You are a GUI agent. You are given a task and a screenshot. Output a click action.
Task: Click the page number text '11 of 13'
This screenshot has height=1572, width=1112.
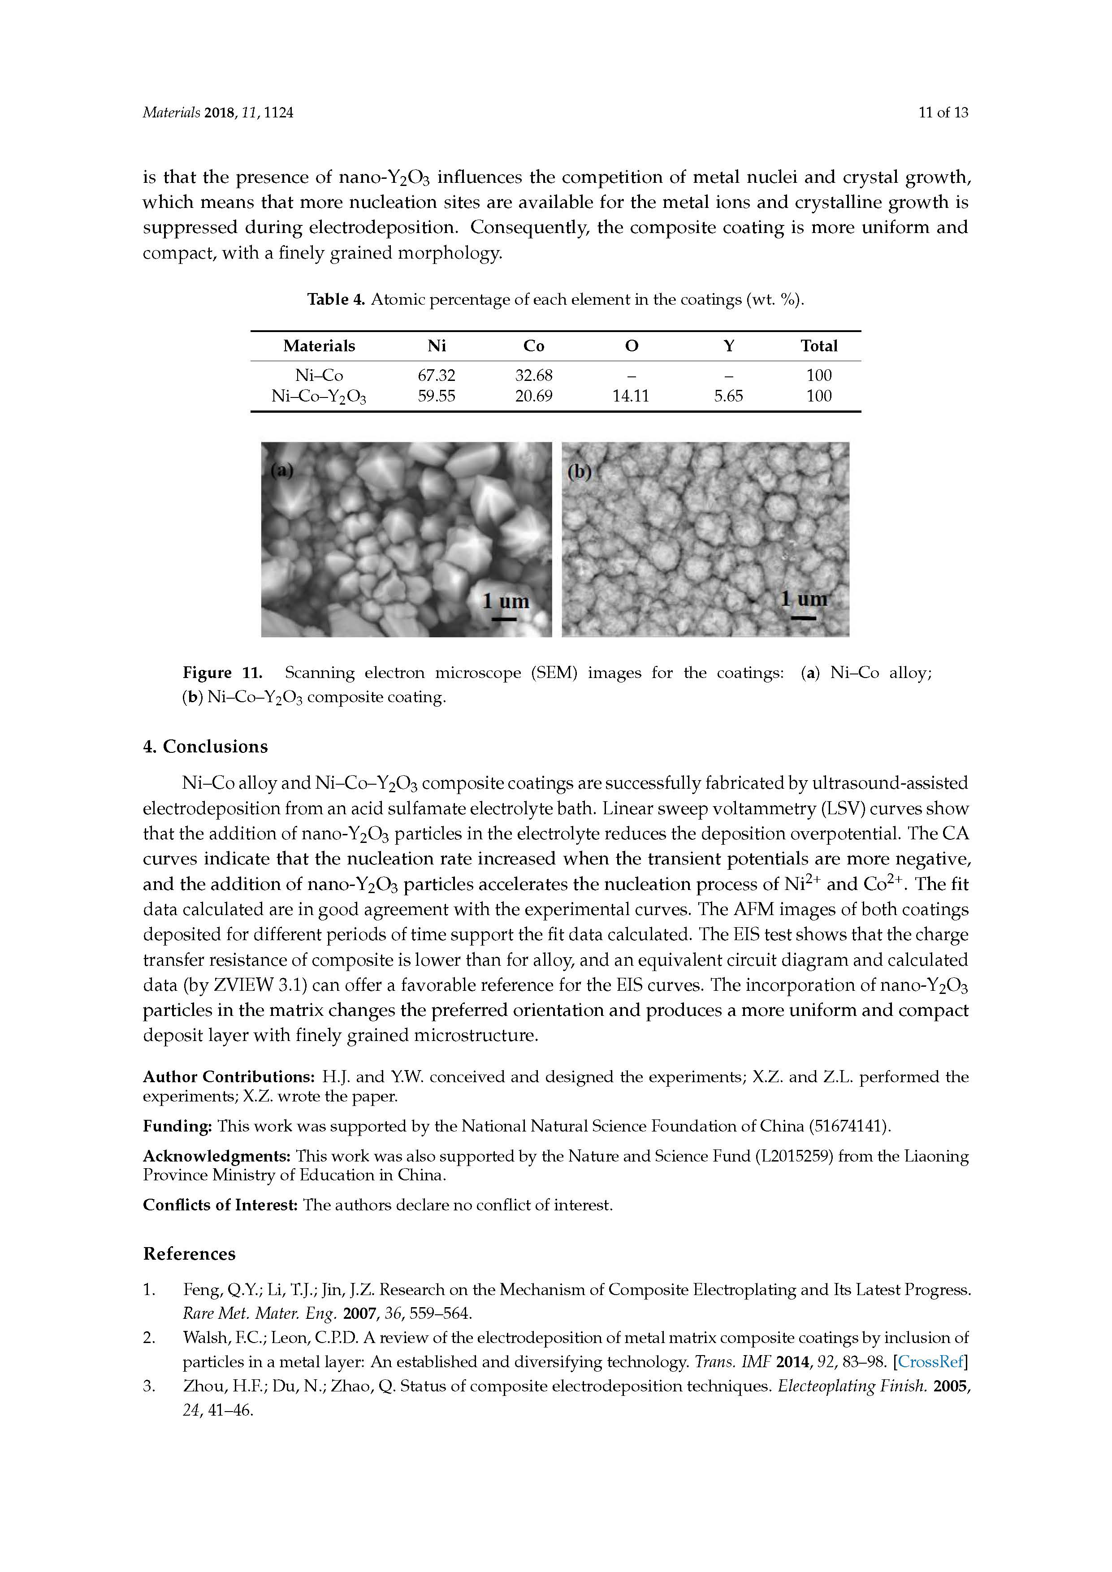pos(943,113)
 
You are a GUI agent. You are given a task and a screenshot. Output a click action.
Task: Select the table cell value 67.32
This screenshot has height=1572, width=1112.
pos(436,375)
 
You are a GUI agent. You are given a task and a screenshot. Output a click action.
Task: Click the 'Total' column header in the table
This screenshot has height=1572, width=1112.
pos(819,346)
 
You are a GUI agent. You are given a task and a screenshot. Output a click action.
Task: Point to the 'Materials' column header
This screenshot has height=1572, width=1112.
pos(319,346)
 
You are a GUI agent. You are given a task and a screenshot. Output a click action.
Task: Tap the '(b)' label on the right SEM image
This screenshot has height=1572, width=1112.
pos(579,472)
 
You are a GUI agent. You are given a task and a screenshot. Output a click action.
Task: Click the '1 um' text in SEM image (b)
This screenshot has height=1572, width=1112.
pos(804,599)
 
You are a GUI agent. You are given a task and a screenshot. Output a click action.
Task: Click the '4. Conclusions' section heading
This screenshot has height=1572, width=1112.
pos(205,746)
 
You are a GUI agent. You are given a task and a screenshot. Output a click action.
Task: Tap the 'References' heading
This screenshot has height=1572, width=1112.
pos(189,1254)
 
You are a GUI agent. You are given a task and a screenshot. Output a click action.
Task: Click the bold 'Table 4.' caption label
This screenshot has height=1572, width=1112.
pos(336,299)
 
